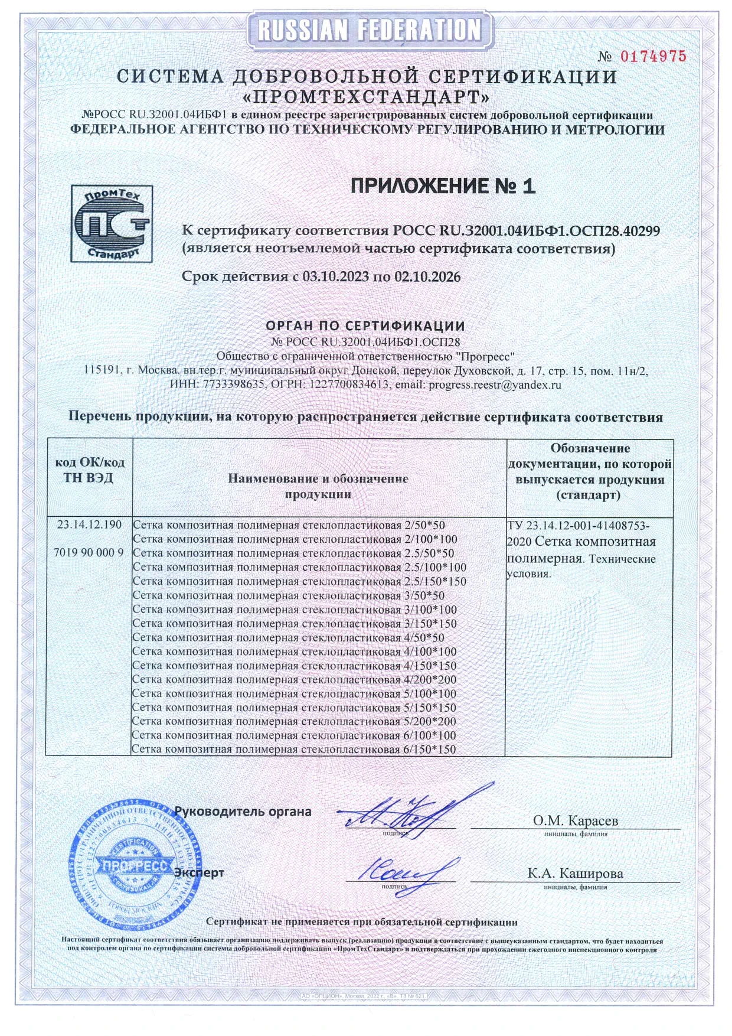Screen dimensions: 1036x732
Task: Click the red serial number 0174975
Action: pyautogui.click(x=653, y=57)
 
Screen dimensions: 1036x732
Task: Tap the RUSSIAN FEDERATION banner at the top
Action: pyautogui.click(x=370, y=30)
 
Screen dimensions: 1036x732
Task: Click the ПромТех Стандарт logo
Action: pyautogui.click(x=112, y=223)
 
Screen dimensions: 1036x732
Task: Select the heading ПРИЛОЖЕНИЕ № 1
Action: pyautogui.click(x=443, y=186)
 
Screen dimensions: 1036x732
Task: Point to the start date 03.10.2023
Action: pyautogui.click(x=336, y=276)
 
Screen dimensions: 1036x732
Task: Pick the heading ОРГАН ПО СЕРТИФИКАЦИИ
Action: pyautogui.click(x=365, y=325)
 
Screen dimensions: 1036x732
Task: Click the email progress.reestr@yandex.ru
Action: pyautogui.click(x=495, y=385)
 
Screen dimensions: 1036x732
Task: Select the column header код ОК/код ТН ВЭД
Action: pyautogui.click(x=89, y=470)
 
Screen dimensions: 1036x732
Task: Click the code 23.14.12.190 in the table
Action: pyautogui.click(x=89, y=524)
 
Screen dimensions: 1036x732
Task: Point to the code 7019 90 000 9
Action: pyautogui.click(x=89, y=552)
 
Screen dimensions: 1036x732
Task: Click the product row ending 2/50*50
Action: pyautogui.click(x=289, y=524)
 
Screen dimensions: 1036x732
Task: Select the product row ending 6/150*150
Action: pyautogui.click(x=293, y=749)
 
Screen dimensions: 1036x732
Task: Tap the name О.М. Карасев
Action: pyautogui.click(x=576, y=820)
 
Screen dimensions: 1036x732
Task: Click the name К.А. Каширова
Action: pyautogui.click(x=575, y=874)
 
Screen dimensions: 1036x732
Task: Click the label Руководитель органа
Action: pyautogui.click(x=243, y=811)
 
